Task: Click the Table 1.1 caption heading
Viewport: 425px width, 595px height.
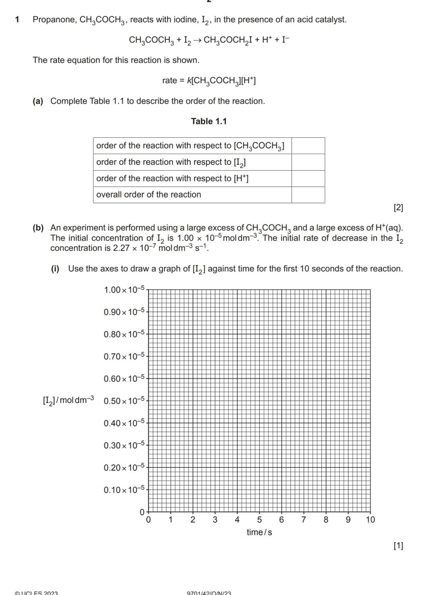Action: coord(209,122)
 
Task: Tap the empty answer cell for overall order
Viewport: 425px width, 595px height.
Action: coord(308,195)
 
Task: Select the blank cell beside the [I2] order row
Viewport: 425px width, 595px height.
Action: coord(308,162)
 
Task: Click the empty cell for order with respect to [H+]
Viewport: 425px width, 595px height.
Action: coord(308,179)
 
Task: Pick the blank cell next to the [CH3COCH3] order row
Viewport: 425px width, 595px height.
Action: coord(308,146)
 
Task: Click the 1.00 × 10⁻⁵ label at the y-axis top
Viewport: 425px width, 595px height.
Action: coord(124,289)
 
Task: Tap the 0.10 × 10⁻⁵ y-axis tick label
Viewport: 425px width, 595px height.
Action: coord(124,490)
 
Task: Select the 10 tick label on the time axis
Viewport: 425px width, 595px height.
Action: coord(370,520)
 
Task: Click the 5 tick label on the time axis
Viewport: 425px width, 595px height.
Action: coord(259,520)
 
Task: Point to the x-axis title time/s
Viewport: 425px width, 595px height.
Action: coord(259,532)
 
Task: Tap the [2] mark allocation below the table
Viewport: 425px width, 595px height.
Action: coord(398,208)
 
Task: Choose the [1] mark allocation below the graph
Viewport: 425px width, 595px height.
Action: coord(398,545)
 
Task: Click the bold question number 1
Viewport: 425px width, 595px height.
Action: coord(17,20)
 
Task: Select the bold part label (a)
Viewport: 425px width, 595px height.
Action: coord(38,101)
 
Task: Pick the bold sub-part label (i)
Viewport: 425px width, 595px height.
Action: coord(55,269)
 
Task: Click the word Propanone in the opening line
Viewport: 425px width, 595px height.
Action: coord(54,20)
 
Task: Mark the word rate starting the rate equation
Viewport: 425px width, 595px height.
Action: coord(169,81)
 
